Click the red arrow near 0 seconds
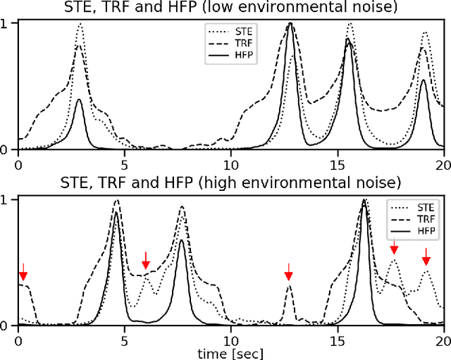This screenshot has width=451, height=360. pos(23,271)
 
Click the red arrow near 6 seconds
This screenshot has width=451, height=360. pos(145,259)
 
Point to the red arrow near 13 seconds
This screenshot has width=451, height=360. pos(288,271)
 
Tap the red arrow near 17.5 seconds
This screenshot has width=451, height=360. pos(394,247)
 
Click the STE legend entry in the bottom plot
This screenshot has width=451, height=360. pos(412,207)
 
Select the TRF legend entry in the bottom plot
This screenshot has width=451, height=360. pos(412,218)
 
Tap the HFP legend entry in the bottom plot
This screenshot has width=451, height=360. pos(412,230)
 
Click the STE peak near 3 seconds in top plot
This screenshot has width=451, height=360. pos(80,25)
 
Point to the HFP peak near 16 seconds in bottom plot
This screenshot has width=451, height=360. pos(364,201)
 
